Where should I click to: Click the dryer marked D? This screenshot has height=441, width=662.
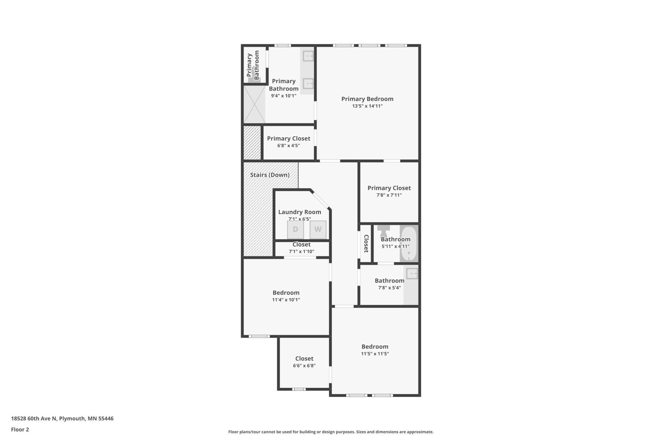pos(295,229)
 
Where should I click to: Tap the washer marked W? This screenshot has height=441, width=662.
pos(318,229)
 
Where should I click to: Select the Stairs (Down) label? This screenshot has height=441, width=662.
pos(270,175)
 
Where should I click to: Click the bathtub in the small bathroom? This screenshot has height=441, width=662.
pos(409,244)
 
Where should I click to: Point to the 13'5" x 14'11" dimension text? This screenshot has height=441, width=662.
pos(367,106)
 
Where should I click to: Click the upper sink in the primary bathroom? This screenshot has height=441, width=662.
pos(308,56)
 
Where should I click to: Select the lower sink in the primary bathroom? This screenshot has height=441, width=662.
pos(308,84)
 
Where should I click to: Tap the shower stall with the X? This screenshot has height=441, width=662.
pos(254,104)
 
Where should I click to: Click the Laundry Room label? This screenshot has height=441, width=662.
pos(299,212)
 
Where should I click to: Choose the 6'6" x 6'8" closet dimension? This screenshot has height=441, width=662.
pos(304,366)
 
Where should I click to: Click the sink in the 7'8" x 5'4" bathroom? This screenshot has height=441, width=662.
pos(412,274)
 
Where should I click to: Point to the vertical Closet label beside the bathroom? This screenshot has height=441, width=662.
pos(366,244)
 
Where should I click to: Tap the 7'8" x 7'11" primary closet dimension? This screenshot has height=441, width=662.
pos(389,195)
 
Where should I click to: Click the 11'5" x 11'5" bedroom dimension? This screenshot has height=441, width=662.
pos(375,353)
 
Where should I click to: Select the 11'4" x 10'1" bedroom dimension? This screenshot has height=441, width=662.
pos(286,300)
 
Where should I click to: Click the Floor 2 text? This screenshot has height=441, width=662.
pos(20,430)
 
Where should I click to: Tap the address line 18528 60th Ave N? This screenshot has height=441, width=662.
pos(62,418)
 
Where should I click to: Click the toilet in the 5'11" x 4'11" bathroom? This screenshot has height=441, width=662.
pos(384,231)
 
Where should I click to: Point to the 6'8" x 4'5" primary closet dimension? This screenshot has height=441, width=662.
pos(288,146)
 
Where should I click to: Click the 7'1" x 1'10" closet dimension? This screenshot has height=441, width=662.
pos(301,252)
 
